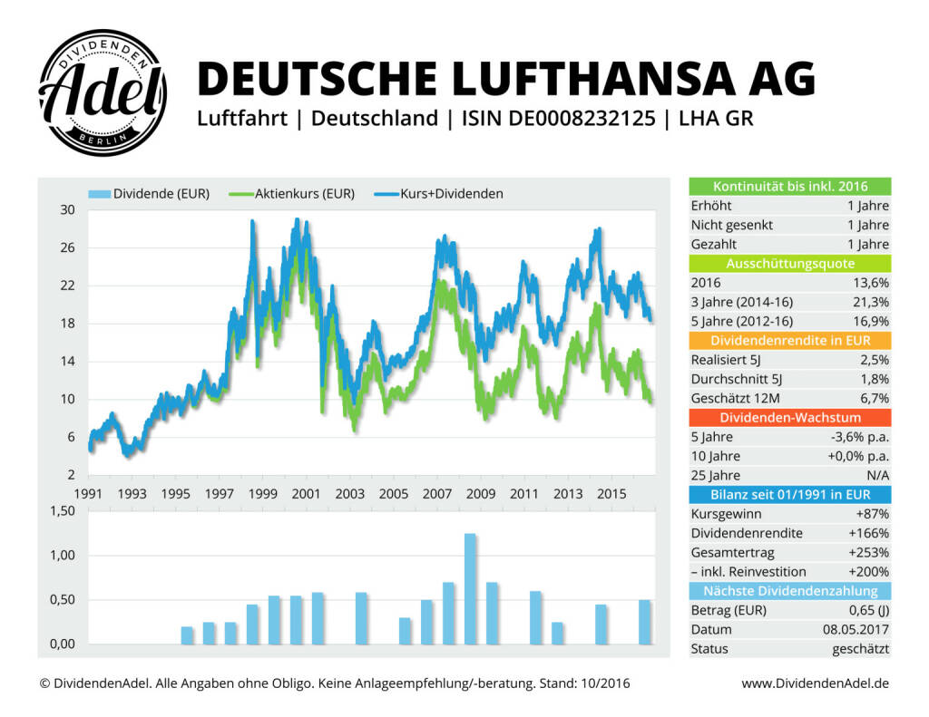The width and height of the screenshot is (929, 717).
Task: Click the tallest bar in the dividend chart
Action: point(470,589)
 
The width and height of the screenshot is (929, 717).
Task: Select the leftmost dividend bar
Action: point(187,635)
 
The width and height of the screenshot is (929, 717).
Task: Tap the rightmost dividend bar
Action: point(644,622)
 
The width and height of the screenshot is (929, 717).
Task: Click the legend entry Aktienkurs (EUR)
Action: point(296,193)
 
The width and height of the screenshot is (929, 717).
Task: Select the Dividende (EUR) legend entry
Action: point(150,193)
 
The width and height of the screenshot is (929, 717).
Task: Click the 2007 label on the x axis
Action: point(437,494)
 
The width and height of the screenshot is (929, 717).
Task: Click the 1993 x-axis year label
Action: point(132,494)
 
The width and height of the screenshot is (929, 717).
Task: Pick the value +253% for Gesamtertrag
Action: point(869,552)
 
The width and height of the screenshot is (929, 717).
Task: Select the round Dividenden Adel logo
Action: point(103,92)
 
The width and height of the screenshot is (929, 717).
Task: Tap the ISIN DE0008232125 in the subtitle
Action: point(558,119)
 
